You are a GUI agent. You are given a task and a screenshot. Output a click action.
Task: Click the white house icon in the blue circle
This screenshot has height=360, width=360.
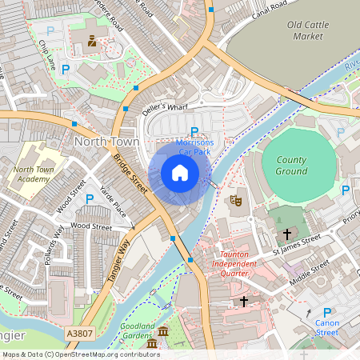point(180,173)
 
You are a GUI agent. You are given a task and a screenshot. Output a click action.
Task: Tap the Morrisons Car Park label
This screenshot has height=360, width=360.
point(194,146)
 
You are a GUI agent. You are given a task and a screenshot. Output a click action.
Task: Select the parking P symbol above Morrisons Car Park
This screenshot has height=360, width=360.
point(194,132)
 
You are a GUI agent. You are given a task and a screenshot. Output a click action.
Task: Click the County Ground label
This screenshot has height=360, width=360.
point(291,166)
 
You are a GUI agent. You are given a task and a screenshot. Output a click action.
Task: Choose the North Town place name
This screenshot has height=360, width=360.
point(106,141)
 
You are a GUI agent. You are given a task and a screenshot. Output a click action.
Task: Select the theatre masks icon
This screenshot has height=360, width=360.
point(236,199)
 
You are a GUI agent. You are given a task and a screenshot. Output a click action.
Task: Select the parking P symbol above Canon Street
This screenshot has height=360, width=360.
point(326,313)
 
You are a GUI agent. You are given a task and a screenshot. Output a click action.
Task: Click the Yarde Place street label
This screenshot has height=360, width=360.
point(113,201)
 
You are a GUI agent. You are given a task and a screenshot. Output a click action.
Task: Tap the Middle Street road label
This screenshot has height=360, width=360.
point(309,270)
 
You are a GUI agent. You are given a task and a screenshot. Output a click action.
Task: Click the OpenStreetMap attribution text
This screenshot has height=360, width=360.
point(81,354)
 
